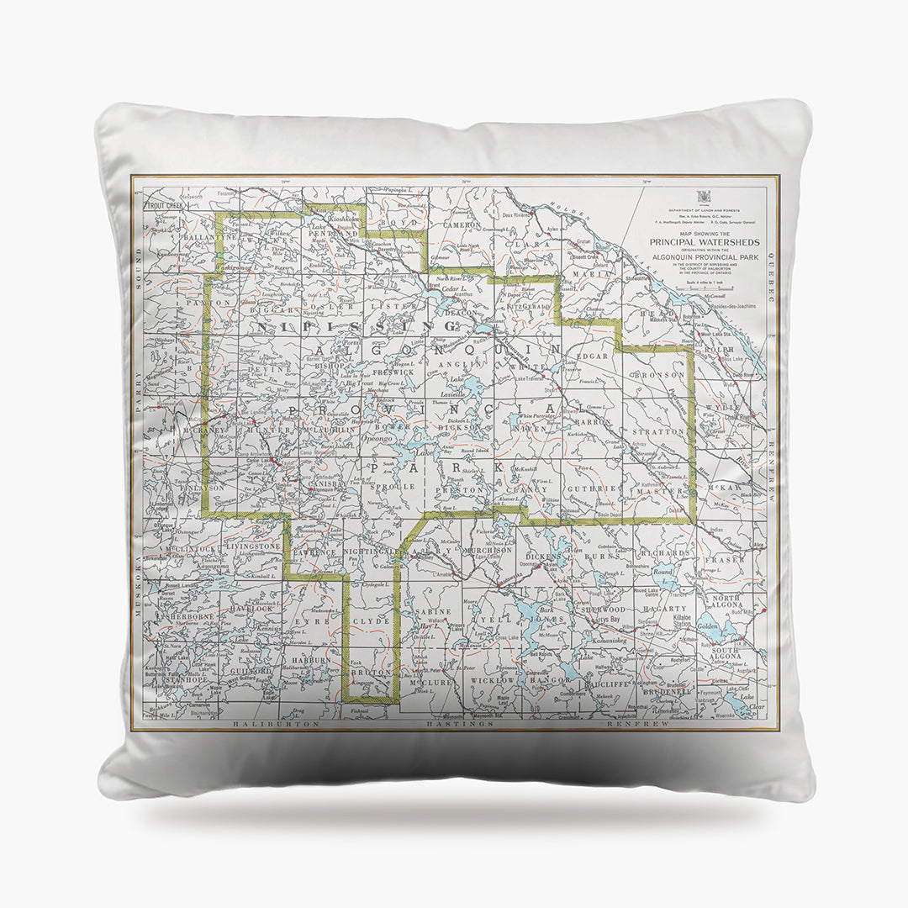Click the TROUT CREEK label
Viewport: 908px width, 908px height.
pyautogui.click(x=166, y=205)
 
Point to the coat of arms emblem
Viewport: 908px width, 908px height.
pyautogui.click(x=705, y=196)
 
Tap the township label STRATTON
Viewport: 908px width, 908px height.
pyautogui.click(x=664, y=431)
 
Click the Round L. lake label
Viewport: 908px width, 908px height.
pyautogui.click(x=664, y=573)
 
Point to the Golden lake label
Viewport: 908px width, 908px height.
pyautogui.click(x=707, y=626)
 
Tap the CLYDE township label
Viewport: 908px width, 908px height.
pyautogui.click(x=371, y=620)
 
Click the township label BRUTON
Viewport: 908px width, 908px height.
pyautogui.click(x=368, y=673)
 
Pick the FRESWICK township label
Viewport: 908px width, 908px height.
pyautogui.click(x=393, y=371)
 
